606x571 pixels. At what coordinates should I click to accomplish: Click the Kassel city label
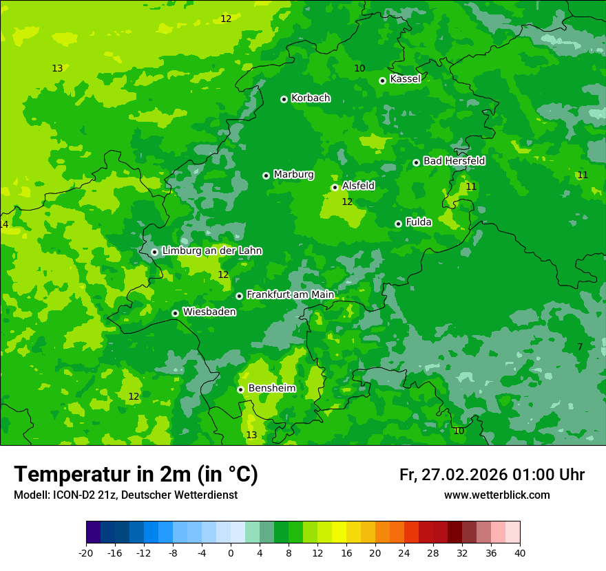tap(405, 79)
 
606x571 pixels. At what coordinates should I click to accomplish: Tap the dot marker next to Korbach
tap(284, 99)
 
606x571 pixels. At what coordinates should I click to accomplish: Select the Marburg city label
tap(293, 175)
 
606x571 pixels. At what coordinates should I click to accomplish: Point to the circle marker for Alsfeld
tap(335, 187)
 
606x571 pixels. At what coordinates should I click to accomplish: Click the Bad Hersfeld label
tap(454, 161)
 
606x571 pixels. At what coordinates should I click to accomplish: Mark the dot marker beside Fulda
tap(398, 224)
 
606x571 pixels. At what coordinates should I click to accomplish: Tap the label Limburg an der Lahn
tap(211, 251)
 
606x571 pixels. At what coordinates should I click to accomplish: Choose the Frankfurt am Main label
tap(290, 295)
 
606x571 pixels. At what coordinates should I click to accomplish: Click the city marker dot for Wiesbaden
tap(175, 313)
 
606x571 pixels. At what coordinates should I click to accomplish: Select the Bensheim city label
tap(271, 389)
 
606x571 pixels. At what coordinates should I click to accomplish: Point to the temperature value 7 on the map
tap(580, 347)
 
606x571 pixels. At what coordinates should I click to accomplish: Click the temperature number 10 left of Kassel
tap(359, 68)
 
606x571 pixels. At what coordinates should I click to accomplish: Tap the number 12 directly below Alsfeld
tap(347, 202)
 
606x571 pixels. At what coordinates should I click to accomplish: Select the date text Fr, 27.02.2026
tap(453, 475)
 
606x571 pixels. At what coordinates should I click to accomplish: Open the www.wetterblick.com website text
tap(497, 495)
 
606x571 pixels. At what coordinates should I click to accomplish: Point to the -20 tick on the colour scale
tap(86, 553)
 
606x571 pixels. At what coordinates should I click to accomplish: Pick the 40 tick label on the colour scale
tap(520, 553)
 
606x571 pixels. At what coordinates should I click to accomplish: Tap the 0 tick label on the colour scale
tap(231, 553)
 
